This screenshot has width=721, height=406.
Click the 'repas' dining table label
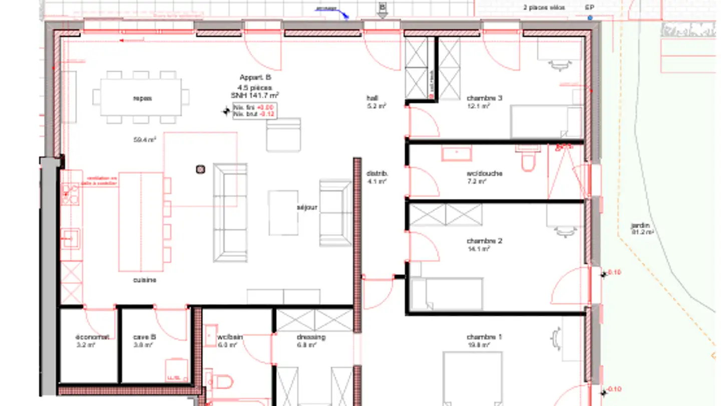[142, 98]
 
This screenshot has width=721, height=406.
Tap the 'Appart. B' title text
[255, 78]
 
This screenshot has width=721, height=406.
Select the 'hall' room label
[372, 98]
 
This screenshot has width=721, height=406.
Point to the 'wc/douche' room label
[484, 173]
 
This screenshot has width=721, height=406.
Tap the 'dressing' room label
[311, 337]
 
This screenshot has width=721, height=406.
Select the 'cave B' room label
[144, 337]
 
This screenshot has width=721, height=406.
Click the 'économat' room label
[92, 337]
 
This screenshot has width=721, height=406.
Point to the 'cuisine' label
[144, 280]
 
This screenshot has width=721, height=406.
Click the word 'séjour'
[307, 207]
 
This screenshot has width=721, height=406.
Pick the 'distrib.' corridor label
[377, 173]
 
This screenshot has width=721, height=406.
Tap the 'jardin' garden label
[640, 226]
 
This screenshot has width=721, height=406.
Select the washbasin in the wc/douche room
[456, 153]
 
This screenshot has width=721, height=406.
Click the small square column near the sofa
[200, 169]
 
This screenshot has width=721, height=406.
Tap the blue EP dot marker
[590, 18]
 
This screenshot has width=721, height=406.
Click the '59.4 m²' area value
[144, 140]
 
